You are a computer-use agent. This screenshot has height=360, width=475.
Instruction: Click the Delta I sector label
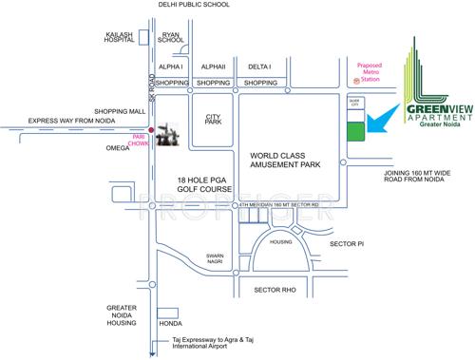tap(259, 67)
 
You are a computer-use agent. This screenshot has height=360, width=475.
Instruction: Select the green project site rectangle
tap(352, 133)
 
